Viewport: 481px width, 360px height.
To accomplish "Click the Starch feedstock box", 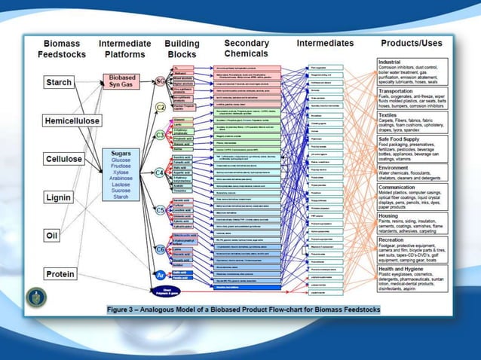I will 59,82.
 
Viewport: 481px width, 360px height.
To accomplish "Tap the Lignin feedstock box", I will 58,197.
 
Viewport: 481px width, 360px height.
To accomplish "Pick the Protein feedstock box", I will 59,274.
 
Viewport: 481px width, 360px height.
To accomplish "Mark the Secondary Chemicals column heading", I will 247,49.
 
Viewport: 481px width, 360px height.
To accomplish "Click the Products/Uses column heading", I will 412,43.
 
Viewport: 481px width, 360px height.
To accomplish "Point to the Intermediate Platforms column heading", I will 125,49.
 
